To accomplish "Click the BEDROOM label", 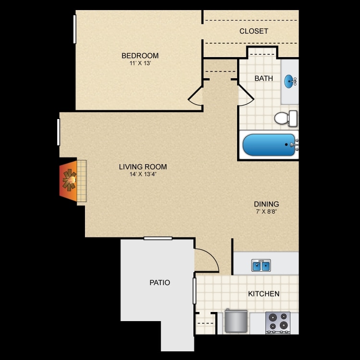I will pyautogui.click(x=140, y=56).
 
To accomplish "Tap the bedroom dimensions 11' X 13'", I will pyautogui.click(x=140, y=63).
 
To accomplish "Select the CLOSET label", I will pyautogui.click(x=253, y=31).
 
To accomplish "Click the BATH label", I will pyautogui.click(x=264, y=78).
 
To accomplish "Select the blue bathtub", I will pyautogui.click(x=269, y=145).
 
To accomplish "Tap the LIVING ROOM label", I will pyautogui.click(x=143, y=167).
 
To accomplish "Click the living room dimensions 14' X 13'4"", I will pyautogui.click(x=143, y=174).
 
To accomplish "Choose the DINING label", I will pyautogui.click(x=267, y=204).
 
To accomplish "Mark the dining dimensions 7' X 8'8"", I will pyautogui.click(x=267, y=211).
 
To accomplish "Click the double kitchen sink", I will pyautogui.click(x=261, y=265).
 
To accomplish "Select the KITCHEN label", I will pyautogui.click(x=264, y=293).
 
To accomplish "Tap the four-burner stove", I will pyautogui.click(x=278, y=322).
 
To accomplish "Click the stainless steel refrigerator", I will pyautogui.click(x=236, y=321).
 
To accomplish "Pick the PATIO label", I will pyautogui.click(x=159, y=283).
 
